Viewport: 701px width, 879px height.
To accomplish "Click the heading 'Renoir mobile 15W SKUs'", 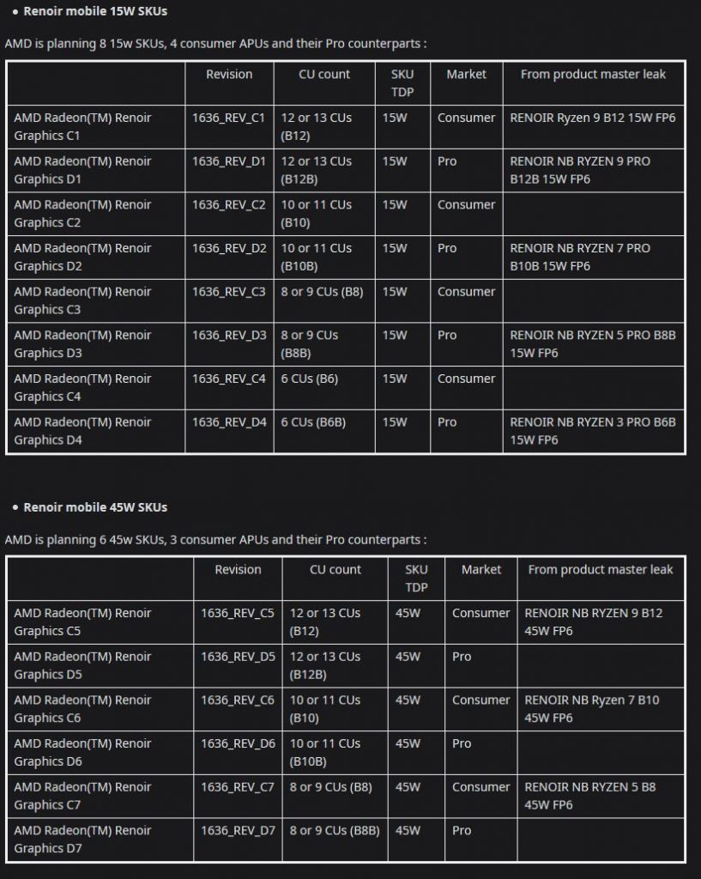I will tap(94, 11).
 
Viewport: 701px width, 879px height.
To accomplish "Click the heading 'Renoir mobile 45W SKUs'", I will tap(94, 507).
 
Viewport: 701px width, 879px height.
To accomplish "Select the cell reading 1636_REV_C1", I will tap(229, 118).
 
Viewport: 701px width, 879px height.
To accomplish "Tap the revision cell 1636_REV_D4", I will tap(229, 422).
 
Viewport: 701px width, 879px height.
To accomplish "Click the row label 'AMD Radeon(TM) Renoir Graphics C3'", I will tap(82, 300).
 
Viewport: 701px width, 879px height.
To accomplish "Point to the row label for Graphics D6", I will tap(82, 752).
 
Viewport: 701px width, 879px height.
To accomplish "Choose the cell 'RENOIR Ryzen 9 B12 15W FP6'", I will tap(593, 118).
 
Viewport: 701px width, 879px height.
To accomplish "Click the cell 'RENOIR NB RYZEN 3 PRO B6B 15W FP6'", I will tap(593, 431).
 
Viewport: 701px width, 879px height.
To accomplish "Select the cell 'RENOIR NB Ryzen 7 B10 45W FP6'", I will tap(592, 709).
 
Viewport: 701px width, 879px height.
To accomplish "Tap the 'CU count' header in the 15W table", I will tap(324, 75).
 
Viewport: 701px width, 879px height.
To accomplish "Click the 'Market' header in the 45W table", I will tap(481, 570).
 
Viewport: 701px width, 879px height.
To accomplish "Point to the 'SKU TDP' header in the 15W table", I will tap(402, 83).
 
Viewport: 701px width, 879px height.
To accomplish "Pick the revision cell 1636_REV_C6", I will tap(238, 700).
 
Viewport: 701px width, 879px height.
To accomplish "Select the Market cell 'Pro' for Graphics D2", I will tap(447, 248).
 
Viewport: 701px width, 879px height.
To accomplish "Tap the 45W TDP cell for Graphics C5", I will tap(408, 613).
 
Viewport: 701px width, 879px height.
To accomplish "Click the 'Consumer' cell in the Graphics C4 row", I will tap(466, 379).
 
